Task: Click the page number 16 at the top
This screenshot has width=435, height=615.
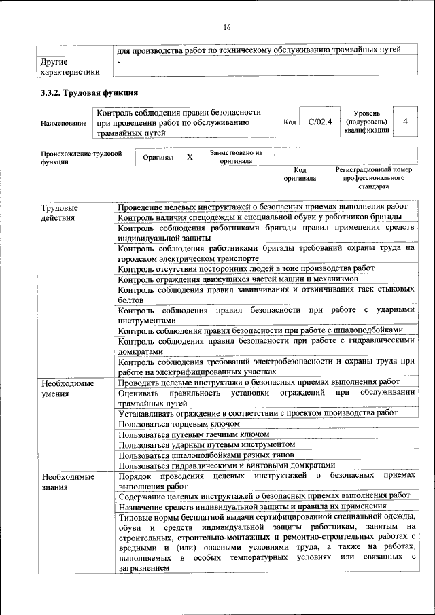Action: tap(227, 27)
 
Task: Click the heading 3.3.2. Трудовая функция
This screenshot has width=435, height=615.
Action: tap(89, 93)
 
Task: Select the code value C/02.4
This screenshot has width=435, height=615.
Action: tap(319, 122)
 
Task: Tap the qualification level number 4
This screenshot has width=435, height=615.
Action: tap(406, 122)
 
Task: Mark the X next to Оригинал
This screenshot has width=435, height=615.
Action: tap(190, 157)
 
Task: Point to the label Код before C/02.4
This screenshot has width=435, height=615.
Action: tap(290, 122)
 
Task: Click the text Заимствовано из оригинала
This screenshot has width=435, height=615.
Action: tap(236, 157)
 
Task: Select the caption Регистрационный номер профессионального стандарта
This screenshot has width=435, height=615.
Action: tap(375, 177)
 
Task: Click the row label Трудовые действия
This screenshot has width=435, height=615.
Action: tap(59, 212)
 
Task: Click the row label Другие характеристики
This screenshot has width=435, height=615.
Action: tap(70, 67)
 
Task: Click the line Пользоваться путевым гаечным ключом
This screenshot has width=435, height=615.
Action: tap(194, 434)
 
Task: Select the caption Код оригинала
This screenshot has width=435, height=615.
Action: tap(300, 174)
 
